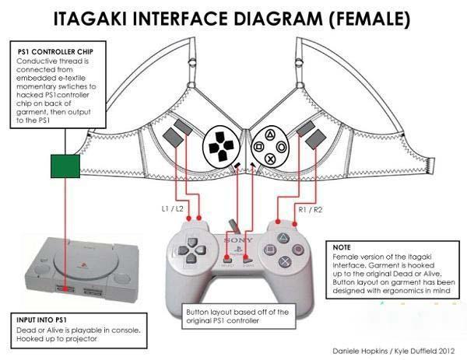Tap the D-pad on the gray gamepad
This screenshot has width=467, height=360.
coord(189,253)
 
